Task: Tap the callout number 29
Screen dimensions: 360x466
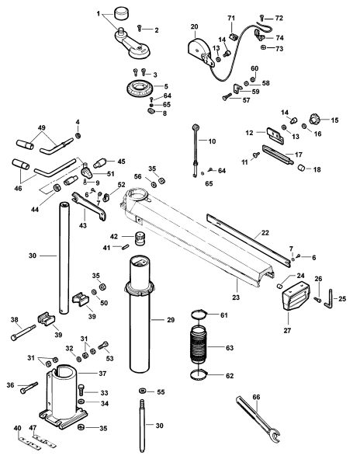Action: [x=171, y=320]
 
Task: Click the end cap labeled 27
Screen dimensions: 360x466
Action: [x=296, y=296]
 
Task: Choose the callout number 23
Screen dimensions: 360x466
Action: [x=236, y=297]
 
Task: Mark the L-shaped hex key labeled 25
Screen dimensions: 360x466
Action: [x=329, y=299]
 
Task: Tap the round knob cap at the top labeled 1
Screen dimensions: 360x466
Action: [x=120, y=14]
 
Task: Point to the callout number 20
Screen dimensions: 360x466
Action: [x=194, y=26]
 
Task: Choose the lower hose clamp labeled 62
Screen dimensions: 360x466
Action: [x=199, y=375]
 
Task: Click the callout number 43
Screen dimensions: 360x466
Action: [x=83, y=225]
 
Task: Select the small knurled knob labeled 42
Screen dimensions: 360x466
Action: [x=140, y=238]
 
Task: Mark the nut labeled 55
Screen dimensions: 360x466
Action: [x=143, y=391]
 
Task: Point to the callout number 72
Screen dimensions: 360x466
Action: [x=279, y=18]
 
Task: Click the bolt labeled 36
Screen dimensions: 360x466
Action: [x=28, y=388]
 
